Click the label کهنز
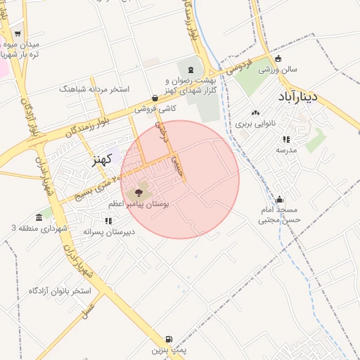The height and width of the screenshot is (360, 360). (x=103, y=160)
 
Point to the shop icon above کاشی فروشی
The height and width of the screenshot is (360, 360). (x=155, y=98)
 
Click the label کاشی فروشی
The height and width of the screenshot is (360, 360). (x=155, y=109)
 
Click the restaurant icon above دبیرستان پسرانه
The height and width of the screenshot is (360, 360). (x=108, y=221)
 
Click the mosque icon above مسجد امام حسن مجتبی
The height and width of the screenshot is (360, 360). (x=281, y=199)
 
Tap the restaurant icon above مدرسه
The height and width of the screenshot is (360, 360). (x=286, y=139)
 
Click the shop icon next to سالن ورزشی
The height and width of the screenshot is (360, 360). (x=279, y=59)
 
